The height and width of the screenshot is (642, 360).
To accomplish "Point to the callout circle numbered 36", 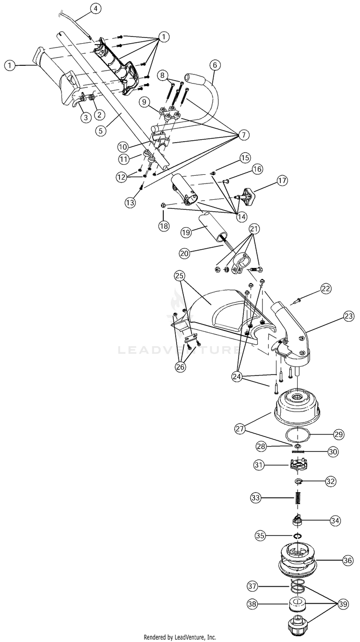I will [x=348, y=560].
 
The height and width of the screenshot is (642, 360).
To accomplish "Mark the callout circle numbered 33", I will [x=256, y=498].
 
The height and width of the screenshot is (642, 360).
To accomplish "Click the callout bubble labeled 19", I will [x=187, y=231].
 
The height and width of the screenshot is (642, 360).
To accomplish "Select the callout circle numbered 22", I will [x=326, y=288].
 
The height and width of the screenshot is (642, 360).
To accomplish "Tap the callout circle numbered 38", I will [x=254, y=604].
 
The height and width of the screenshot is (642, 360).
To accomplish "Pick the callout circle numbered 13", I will [x=130, y=203].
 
